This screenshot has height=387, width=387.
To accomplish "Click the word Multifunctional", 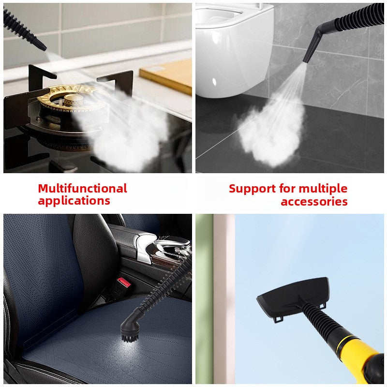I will coord(82,188).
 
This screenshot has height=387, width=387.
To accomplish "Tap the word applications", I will coord(74,200).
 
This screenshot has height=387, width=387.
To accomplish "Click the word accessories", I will coord(314,201).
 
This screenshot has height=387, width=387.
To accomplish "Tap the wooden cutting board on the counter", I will coord(167,75).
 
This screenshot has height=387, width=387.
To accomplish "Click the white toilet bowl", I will coord(232,44).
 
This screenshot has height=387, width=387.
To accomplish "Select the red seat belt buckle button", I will coord(124,282).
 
